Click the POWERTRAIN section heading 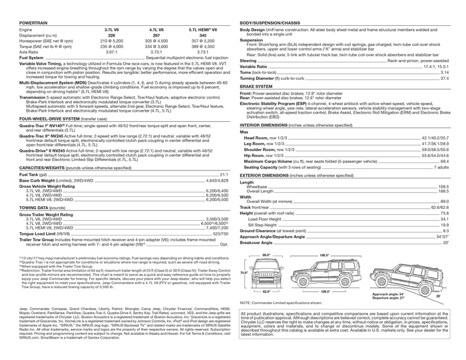[28, 23]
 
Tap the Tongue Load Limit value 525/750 [219, 234]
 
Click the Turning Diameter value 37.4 [444, 79]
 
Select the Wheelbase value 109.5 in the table [443, 187]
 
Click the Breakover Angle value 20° [445, 242]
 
